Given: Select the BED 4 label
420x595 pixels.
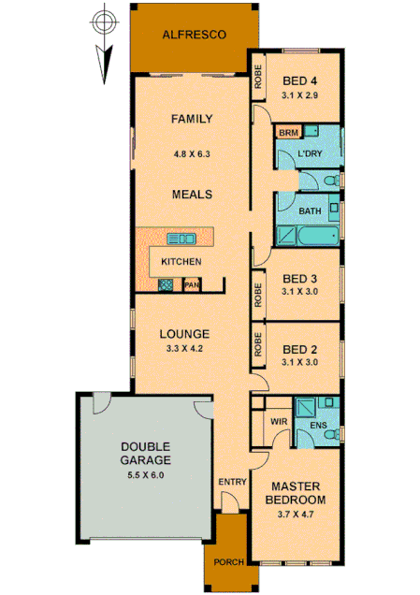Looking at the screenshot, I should (300, 80).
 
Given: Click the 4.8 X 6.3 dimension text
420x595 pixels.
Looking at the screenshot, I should (192, 153).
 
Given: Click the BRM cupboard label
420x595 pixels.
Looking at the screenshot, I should (286, 134).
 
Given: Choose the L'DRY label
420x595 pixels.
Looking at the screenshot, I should (310, 154).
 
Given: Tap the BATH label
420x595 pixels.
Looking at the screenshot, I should (309, 211).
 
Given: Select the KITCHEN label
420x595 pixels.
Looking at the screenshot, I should (181, 261).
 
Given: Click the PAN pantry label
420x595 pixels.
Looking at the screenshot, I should (191, 284).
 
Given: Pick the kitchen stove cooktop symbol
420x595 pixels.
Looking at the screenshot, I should (166, 284).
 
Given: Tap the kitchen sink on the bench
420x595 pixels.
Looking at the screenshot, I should (181, 238).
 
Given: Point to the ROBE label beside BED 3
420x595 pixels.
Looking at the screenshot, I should (258, 296).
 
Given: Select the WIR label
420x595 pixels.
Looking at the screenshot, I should (278, 423).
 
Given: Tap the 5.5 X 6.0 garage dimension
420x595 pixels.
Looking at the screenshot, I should (145, 475).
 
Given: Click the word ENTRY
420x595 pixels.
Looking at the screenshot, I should (230, 481).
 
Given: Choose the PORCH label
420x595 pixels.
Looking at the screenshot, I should (229, 561).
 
